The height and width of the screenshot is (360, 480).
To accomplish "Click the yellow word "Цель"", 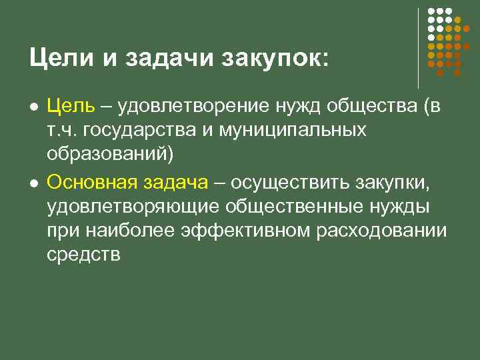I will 71,106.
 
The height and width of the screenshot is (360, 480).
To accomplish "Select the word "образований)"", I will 109,155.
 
